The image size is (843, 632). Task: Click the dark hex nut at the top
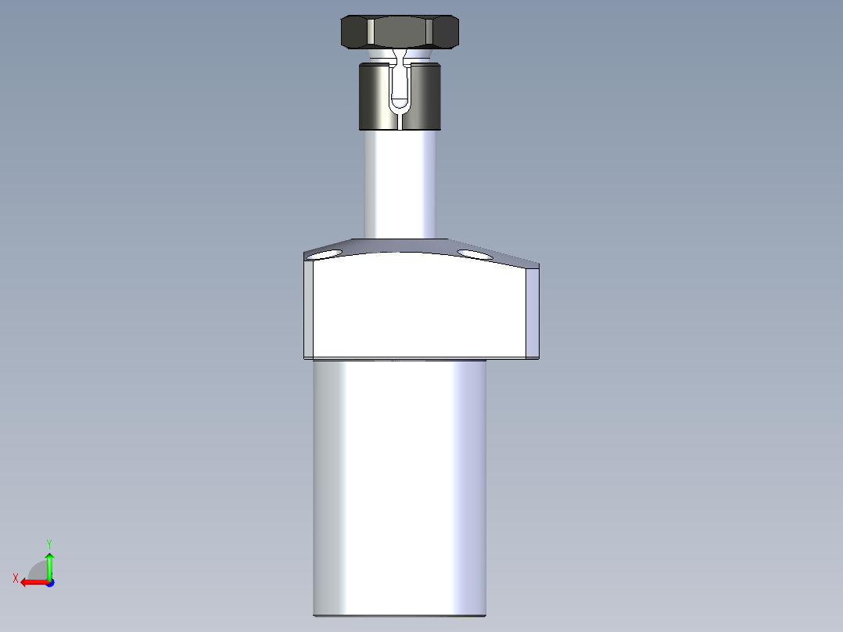(399, 32)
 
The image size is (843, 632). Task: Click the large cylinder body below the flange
(400, 485)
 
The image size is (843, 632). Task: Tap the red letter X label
(16, 578)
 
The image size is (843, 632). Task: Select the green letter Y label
(48, 542)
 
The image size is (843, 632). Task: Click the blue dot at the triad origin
(49, 582)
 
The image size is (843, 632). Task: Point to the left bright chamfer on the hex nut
(368, 32)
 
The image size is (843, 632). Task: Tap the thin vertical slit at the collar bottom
(400, 120)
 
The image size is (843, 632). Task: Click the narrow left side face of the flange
(309, 309)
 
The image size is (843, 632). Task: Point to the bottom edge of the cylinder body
(400, 615)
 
